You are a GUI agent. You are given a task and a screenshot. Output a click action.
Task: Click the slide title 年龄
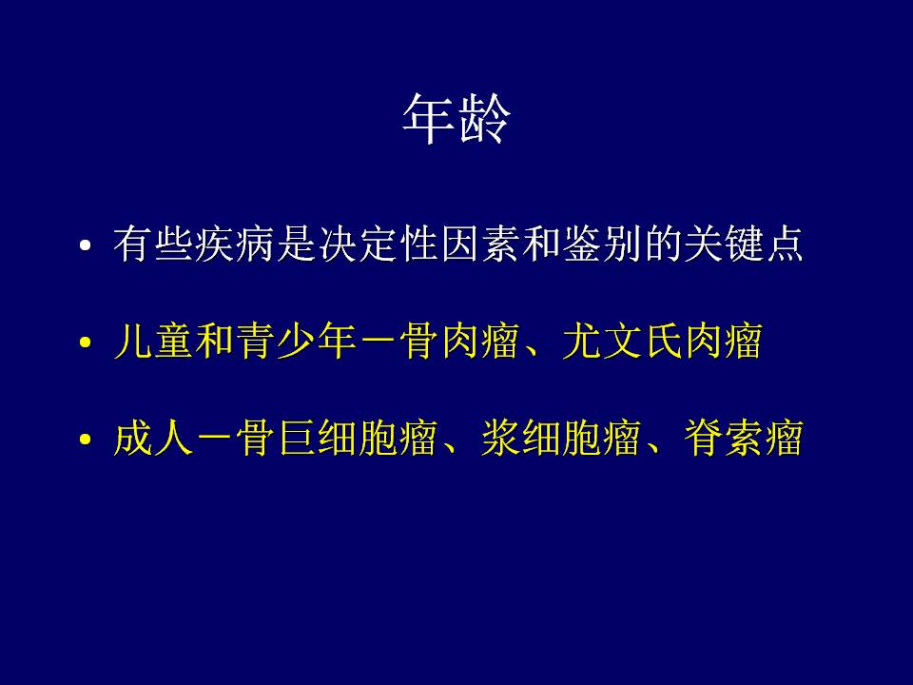click(456, 120)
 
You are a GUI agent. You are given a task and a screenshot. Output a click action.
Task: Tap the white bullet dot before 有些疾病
click(86, 245)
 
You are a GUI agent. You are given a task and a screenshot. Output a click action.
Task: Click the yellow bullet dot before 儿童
click(86, 342)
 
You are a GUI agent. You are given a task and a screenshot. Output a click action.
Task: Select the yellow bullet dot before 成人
click(86, 440)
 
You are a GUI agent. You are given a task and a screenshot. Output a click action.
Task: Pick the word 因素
click(479, 244)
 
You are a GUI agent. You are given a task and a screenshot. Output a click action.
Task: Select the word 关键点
click(744, 244)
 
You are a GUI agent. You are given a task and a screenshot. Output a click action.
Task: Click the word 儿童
click(154, 341)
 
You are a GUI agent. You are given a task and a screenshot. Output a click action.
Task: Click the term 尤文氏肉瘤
click(663, 341)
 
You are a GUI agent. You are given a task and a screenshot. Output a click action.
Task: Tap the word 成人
click(154, 438)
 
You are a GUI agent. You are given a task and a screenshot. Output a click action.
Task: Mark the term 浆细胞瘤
click(561, 438)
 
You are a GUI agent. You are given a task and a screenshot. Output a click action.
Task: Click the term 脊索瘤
click(744, 438)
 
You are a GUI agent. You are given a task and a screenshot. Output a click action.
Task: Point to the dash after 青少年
click(379, 342)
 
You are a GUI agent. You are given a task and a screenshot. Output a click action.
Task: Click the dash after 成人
click(216, 440)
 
